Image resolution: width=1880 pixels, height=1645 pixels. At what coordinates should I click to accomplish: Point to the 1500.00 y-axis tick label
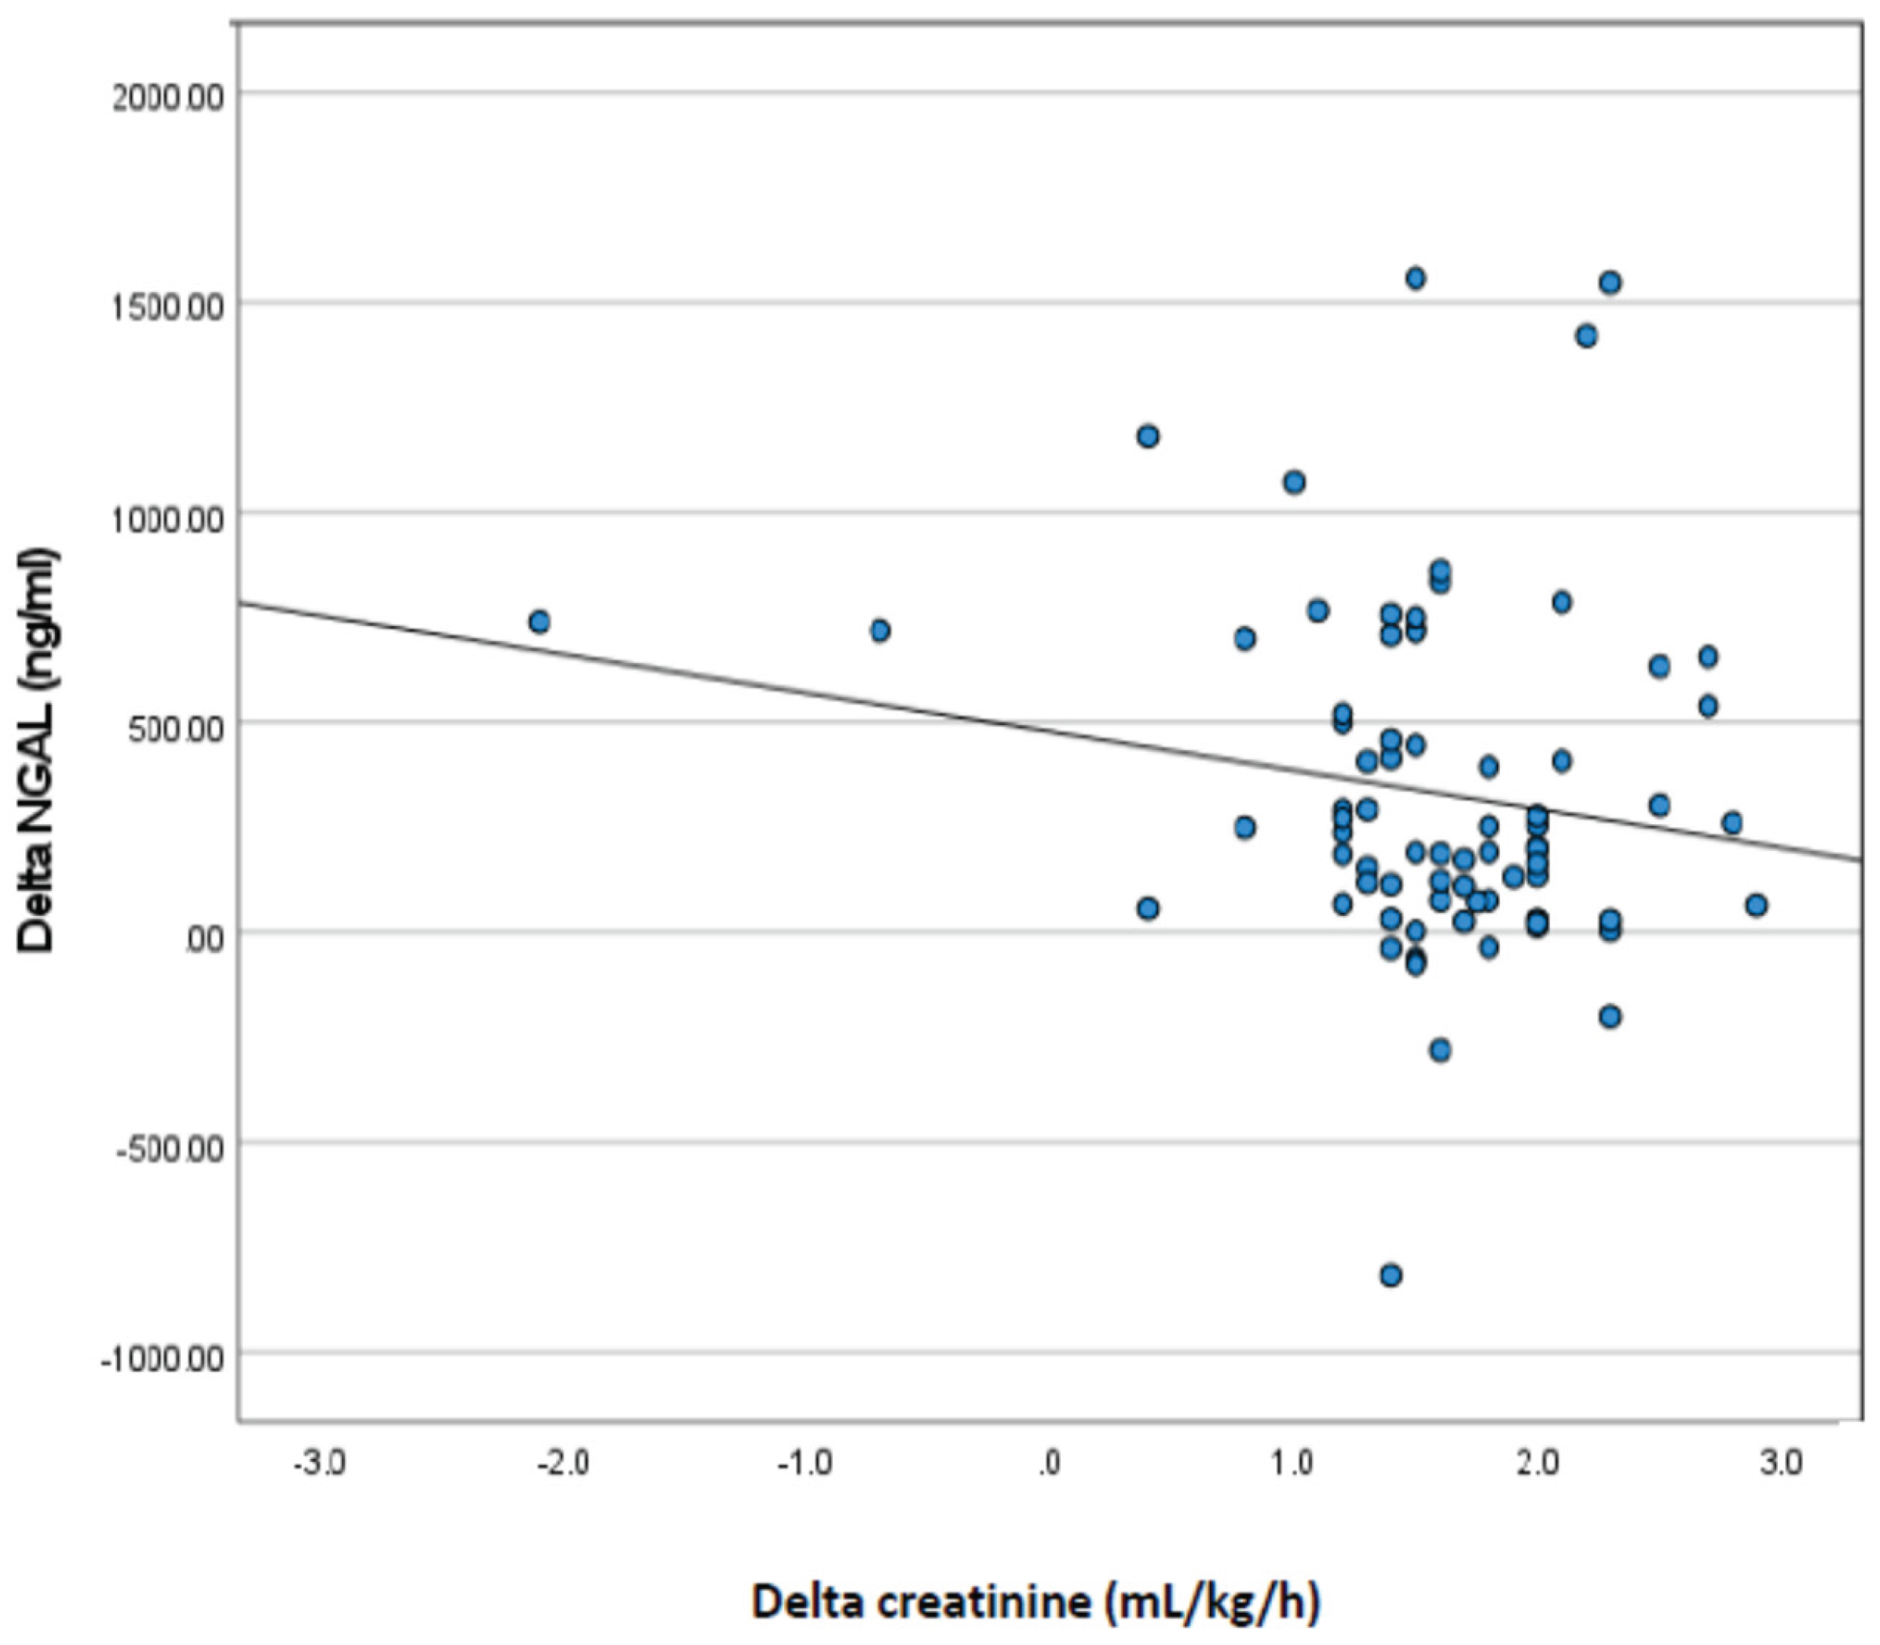167,307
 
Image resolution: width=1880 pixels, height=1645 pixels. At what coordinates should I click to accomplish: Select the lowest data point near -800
1391,1275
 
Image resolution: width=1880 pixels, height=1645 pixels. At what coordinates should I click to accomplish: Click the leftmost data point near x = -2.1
539,621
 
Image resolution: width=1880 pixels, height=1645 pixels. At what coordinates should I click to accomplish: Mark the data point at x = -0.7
879,631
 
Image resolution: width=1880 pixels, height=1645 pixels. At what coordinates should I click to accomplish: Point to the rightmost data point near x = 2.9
1756,905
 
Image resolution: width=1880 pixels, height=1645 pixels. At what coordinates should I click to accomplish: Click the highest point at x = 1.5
1416,278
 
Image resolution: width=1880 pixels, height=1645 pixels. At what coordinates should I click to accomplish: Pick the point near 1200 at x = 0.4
1148,436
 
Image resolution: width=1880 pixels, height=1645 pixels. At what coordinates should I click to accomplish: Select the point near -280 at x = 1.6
1440,1050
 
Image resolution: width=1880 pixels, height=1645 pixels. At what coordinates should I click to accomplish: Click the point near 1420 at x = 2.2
1586,336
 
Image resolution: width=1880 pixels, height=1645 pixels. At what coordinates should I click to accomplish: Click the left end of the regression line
241,603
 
